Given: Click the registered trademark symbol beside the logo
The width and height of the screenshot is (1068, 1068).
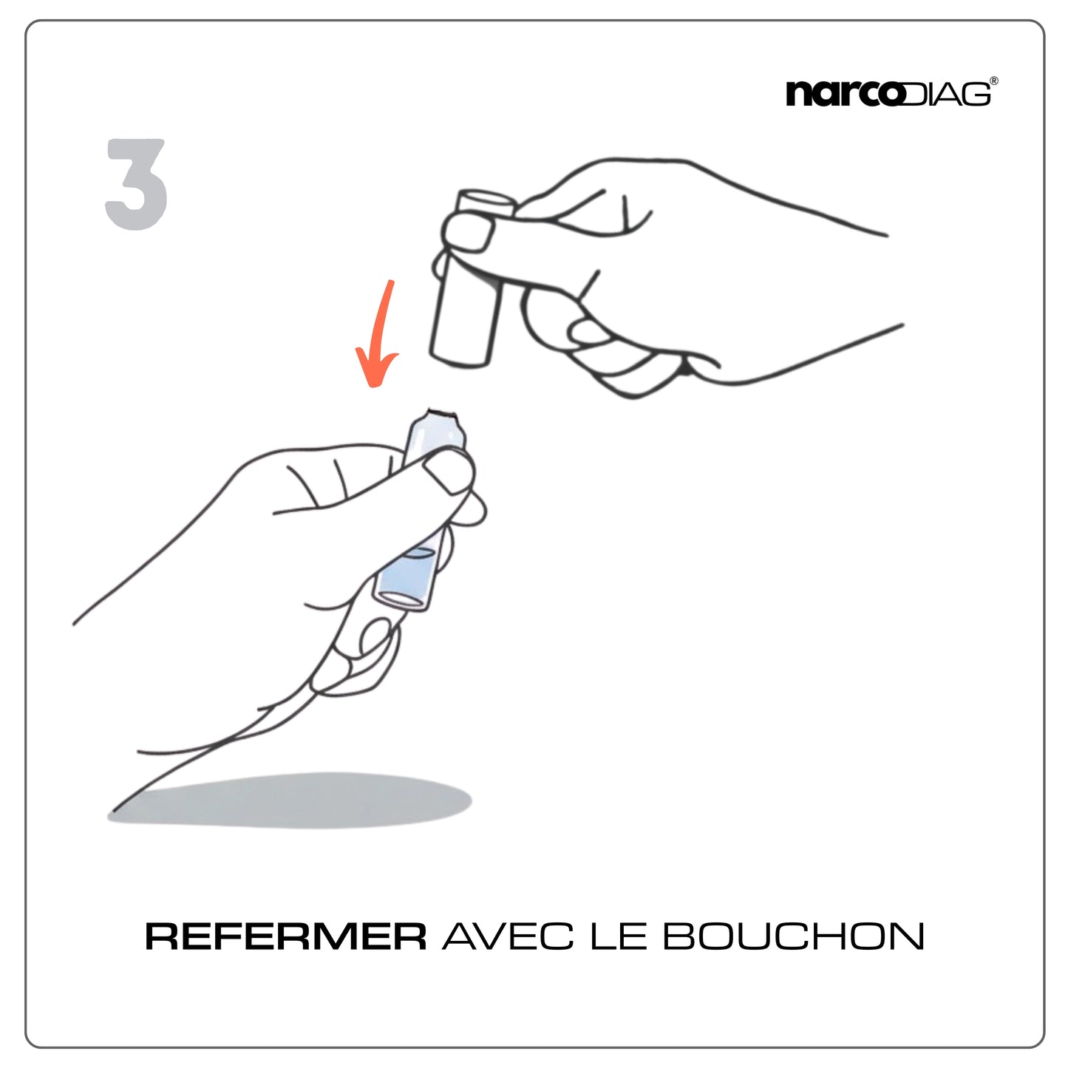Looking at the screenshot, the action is [x=994, y=81].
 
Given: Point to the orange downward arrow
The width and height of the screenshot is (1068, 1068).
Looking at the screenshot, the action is [x=379, y=333].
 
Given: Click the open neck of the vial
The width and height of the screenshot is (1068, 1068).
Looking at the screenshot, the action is [x=441, y=413].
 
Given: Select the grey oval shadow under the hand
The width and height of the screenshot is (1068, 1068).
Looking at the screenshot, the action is [x=289, y=800].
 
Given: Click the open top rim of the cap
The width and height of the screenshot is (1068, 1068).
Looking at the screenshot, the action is [x=486, y=197].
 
